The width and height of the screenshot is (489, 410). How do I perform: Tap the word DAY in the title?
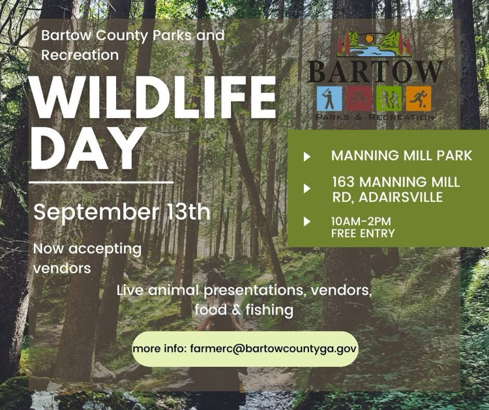pos(87,149)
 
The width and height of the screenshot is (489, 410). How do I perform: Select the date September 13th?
pos(122,212)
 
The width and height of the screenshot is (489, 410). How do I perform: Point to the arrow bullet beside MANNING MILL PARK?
pos(307,156)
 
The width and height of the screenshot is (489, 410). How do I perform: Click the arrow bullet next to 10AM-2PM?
pos(307,221)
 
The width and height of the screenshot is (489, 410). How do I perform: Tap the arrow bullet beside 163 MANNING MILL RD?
pos(307,189)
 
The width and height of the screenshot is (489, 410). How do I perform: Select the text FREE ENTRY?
pos(363,233)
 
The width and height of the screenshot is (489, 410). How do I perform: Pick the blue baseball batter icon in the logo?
pos(329,99)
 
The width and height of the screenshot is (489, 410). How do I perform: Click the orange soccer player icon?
pos(418,99)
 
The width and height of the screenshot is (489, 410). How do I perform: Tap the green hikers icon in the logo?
pos(388,99)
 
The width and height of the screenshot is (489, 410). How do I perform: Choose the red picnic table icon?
pos(358,99)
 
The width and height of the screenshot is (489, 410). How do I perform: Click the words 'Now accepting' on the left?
pos(87,248)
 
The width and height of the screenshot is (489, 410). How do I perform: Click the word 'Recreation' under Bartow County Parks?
pos(80,55)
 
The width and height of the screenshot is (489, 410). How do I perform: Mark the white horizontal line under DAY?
pos(101,183)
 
